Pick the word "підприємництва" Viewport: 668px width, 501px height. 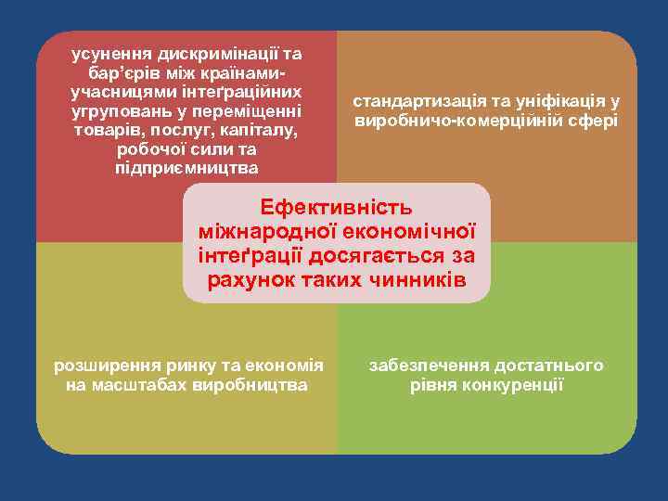[187, 168]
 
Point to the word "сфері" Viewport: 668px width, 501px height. [590, 122]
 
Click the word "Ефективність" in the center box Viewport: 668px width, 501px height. [336, 207]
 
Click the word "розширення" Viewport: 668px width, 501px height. [100, 366]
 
